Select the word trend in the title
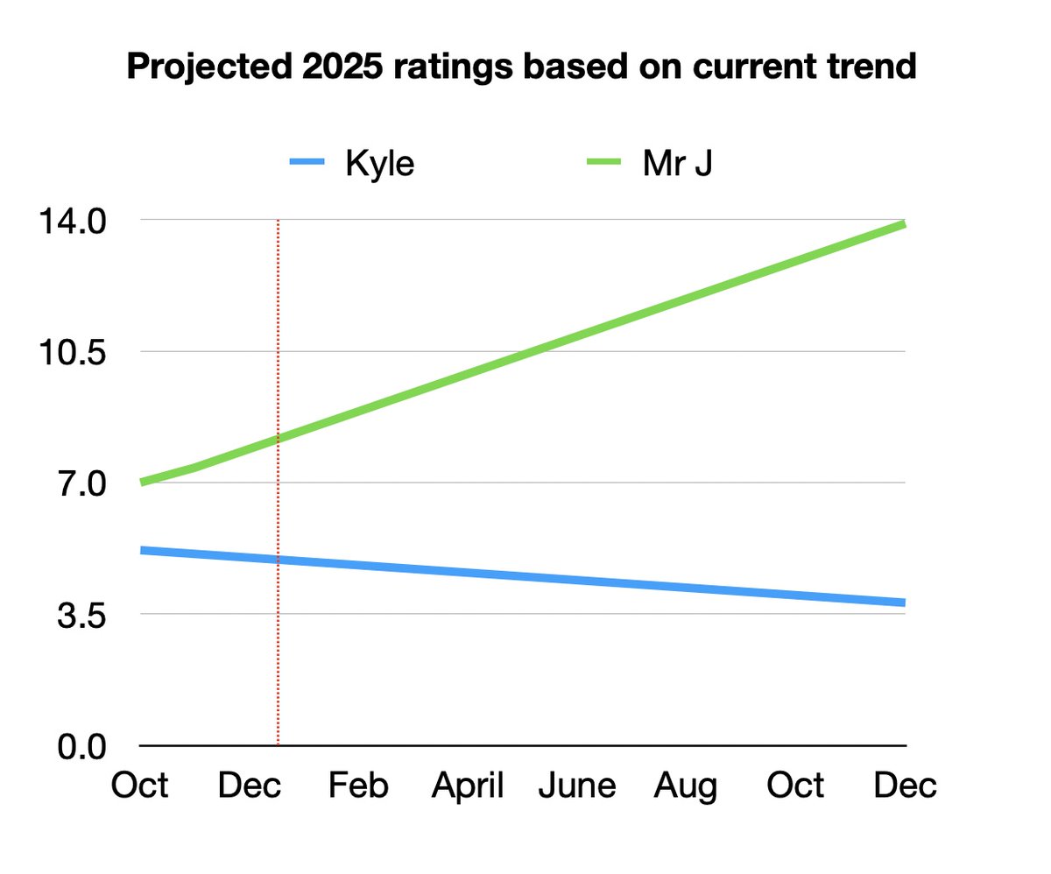(870, 67)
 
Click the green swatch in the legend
(603, 164)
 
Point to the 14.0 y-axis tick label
(70, 221)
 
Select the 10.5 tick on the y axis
(70, 352)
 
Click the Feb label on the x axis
(358, 786)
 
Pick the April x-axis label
(468, 786)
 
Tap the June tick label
(576, 786)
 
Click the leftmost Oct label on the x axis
(140, 786)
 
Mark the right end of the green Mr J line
(903, 225)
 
